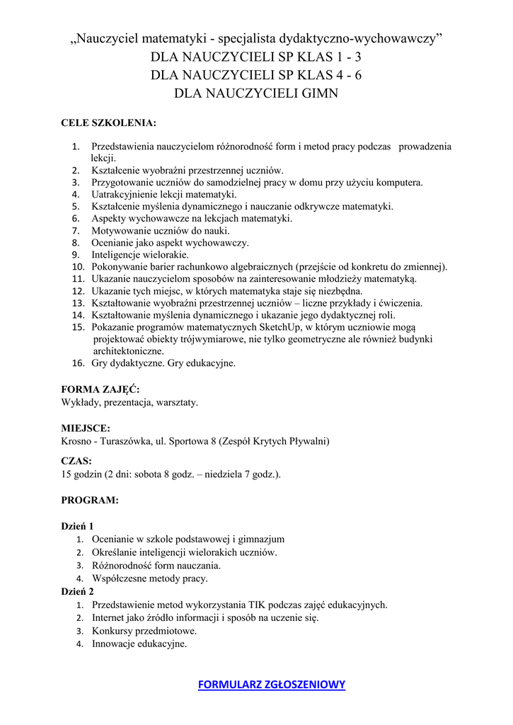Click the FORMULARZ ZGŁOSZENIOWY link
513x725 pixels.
[272, 685]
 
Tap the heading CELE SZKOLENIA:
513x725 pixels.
[108, 123]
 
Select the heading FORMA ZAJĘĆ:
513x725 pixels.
[100, 389]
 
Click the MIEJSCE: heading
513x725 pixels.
[86, 428]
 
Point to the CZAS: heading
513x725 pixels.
[76, 461]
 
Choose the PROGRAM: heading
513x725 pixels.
[90, 500]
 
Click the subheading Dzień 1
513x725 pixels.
[77, 526]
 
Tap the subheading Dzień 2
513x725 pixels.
[77, 591]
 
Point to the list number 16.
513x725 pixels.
[79, 363]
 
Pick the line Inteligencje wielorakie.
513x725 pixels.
[140, 255]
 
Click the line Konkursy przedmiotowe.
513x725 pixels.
[144, 631]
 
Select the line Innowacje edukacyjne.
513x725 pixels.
[139, 644]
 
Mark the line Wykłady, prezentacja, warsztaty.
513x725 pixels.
[129, 402]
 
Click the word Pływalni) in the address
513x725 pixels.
[309, 441]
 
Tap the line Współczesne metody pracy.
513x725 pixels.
[150, 578]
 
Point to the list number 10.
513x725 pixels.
[79, 267]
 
